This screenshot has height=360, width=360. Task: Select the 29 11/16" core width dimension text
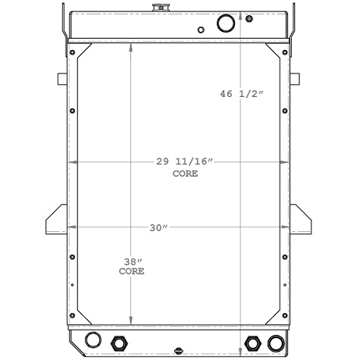point(186,162)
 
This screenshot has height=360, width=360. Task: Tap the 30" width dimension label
point(158,228)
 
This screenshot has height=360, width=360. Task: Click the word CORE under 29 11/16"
point(186,174)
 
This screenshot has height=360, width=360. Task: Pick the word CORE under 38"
point(131,271)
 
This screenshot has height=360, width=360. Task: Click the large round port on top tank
point(226,23)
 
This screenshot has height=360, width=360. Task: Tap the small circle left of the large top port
point(201,30)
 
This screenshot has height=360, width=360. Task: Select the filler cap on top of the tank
point(161,8)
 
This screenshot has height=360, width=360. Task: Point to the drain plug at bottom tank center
point(178,351)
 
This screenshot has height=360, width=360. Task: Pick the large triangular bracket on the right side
point(303,221)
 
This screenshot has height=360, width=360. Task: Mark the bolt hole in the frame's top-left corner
point(72,52)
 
